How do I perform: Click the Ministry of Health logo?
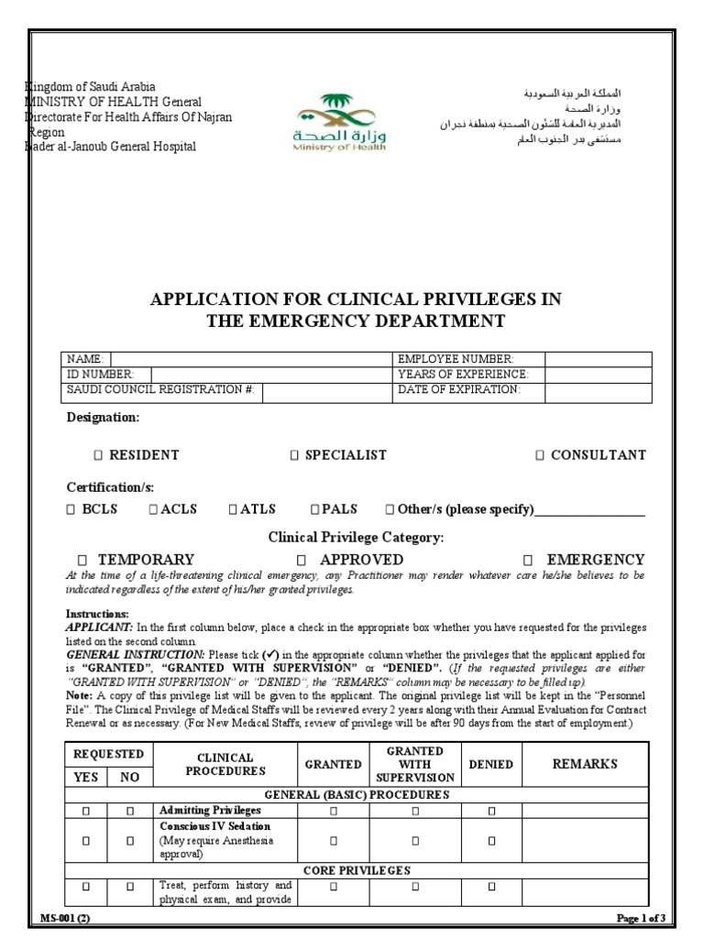pyautogui.click(x=327, y=122)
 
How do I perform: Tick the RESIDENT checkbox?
pyautogui.click(x=98, y=455)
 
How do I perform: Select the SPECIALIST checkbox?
pyautogui.click(x=294, y=455)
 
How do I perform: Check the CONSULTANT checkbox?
pyautogui.click(x=540, y=455)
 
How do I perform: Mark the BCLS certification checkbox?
pyautogui.click(x=71, y=510)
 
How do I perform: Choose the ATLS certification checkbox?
pyautogui.click(x=233, y=510)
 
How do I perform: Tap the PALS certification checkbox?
pyautogui.click(x=314, y=510)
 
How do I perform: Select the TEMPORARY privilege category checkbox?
pyautogui.click(x=82, y=560)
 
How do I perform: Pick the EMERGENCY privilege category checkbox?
pyautogui.click(x=528, y=560)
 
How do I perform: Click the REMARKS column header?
pyautogui.click(x=583, y=764)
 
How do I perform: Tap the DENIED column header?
pyautogui.click(x=490, y=764)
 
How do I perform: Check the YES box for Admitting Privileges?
pyautogui.click(x=86, y=811)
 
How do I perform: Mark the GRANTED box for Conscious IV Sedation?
pyautogui.click(x=334, y=840)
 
